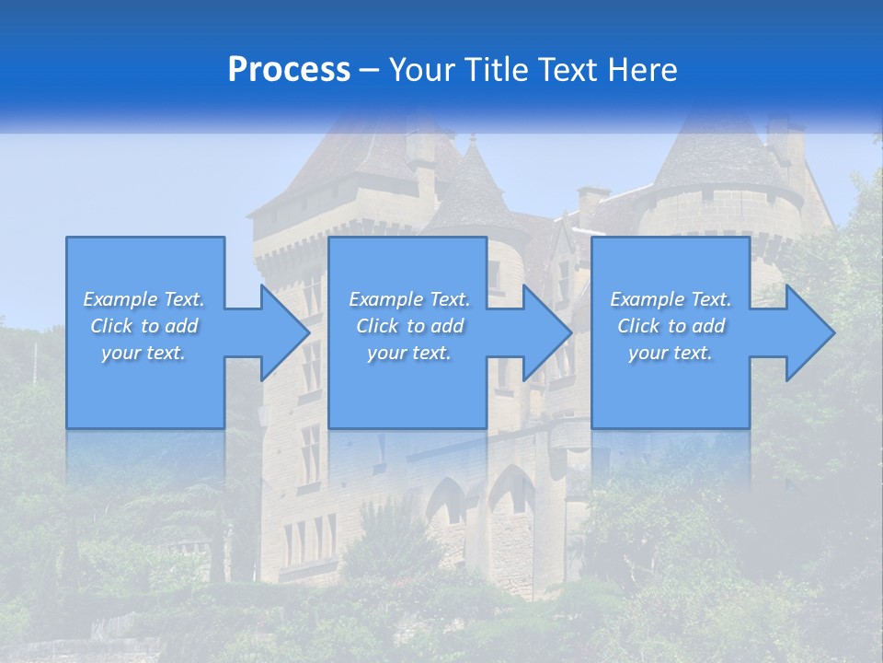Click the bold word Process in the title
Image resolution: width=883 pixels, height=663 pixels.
click(x=289, y=70)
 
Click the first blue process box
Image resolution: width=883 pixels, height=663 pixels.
click(x=145, y=387)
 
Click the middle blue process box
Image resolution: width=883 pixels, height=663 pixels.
click(x=407, y=387)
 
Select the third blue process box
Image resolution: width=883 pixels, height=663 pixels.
click(x=671, y=387)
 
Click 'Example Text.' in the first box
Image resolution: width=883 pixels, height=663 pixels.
click(x=143, y=299)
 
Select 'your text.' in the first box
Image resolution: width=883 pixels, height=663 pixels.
click(x=143, y=353)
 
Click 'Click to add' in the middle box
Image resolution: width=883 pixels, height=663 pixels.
click(x=409, y=326)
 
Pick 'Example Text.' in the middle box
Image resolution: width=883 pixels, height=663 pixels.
click(x=409, y=299)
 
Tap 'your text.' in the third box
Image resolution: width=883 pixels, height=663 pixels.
click(x=671, y=353)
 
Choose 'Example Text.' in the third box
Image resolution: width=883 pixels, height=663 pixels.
click(x=671, y=299)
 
